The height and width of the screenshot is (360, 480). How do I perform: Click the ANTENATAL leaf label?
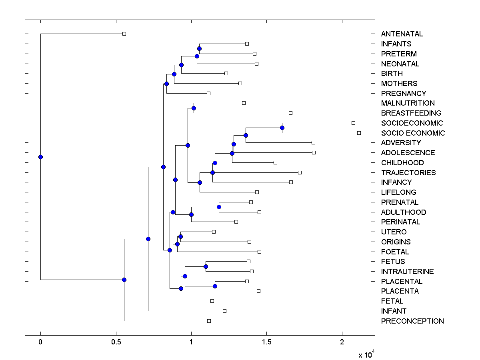click(x=402, y=34)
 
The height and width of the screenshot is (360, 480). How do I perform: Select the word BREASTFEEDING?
click(x=411, y=113)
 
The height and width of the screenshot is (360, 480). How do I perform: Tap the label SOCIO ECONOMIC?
click(x=413, y=133)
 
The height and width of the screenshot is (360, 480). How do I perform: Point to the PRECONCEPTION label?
click(x=412, y=321)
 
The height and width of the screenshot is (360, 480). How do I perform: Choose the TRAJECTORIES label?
click(x=408, y=173)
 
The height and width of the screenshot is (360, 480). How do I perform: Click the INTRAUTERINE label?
click(x=407, y=272)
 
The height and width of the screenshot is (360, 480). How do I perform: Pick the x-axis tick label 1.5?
click(x=266, y=342)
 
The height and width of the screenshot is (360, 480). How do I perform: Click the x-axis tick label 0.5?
click(x=116, y=342)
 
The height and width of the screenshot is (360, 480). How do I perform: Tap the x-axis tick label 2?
click(x=342, y=342)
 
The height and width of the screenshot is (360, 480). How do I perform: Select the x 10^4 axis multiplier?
click(x=366, y=354)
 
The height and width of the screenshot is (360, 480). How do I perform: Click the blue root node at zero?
click(x=40, y=157)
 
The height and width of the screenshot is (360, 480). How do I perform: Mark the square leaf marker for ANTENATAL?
click(x=124, y=34)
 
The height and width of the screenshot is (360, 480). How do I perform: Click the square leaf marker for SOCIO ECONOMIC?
click(x=359, y=133)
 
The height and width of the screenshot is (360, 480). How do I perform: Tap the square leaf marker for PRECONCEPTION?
click(x=209, y=321)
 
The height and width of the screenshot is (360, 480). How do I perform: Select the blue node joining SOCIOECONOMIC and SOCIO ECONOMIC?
click(x=282, y=128)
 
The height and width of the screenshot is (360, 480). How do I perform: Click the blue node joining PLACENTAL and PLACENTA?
click(x=215, y=286)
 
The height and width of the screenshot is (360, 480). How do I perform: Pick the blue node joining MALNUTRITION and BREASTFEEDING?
click(x=194, y=108)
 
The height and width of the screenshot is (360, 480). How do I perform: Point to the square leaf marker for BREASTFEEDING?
click(x=291, y=113)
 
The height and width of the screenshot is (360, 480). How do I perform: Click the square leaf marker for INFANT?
click(x=224, y=311)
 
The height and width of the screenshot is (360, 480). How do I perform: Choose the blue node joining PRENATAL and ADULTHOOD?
click(x=219, y=207)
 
